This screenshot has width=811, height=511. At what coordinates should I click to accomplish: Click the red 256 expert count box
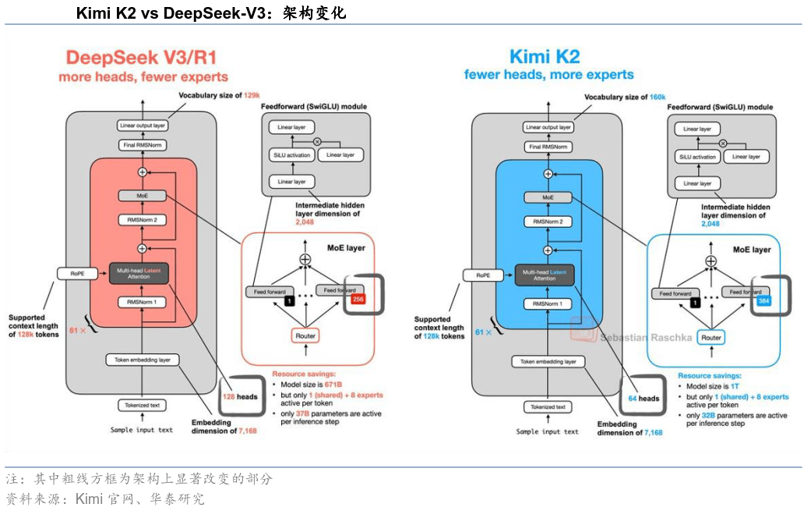[x=358, y=300]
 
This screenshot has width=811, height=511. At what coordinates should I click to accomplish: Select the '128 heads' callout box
[x=239, y=397]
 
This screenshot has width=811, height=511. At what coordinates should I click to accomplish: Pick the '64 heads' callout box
[x=644, y=399]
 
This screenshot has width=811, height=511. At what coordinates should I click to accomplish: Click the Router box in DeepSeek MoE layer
[x=305, y=335]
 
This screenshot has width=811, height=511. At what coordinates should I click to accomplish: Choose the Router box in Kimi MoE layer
[x=711, y=338]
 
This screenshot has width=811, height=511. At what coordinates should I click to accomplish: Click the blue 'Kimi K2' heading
[x=545, y=57]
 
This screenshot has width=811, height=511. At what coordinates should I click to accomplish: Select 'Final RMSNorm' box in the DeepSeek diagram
[x=143, y=144]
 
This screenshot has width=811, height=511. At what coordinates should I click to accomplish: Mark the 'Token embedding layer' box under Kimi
[x=548, y=361]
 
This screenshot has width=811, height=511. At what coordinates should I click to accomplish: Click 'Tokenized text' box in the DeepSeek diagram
[x=142, y=406]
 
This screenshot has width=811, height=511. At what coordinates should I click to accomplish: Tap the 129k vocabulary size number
[x=252, y=96]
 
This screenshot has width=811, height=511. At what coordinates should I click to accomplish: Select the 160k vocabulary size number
[x=658, y=98]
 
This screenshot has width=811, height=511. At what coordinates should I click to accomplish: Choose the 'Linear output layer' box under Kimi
[x=548, y=127]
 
